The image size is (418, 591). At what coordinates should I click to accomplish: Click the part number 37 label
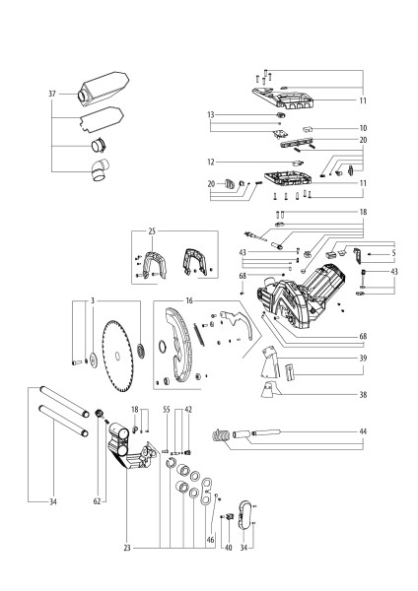[x=52, y=94]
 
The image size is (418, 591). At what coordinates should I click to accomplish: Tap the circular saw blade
[x=117, y=357]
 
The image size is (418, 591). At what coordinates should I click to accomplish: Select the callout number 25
[x=152, y=231]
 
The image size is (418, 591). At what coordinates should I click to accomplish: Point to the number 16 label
[x=189, y=300]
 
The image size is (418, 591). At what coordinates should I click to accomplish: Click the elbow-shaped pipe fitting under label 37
[x=100, y=170]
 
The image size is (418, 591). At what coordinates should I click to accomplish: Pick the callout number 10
[x=363, y=128]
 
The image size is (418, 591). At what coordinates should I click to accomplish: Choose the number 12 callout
[x=211, y=163]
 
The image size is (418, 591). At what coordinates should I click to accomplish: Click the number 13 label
[x=211, y=114]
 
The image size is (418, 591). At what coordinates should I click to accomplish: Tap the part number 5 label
[x=393, y=253]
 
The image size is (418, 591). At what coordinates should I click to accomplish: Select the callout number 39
[x=363, y=359]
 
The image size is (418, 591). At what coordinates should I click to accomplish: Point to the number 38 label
[x=363, y=395]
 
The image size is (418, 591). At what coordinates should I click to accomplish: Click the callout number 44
[x=363, y=431]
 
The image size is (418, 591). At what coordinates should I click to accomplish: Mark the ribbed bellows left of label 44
[x=221, y=436]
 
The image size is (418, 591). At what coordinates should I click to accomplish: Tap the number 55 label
[x=167, y=410]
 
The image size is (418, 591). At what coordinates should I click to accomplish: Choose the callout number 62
[x=97, y=501]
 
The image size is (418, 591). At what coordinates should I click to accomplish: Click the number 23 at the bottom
[x=127, y=548]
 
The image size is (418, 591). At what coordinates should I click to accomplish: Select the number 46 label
[x=211, y=540]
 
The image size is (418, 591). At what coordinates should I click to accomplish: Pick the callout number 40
[x=229, y=548]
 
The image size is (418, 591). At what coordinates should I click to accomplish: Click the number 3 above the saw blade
[x=93, y=300]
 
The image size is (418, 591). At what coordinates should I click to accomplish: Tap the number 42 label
[x=188, y=410]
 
